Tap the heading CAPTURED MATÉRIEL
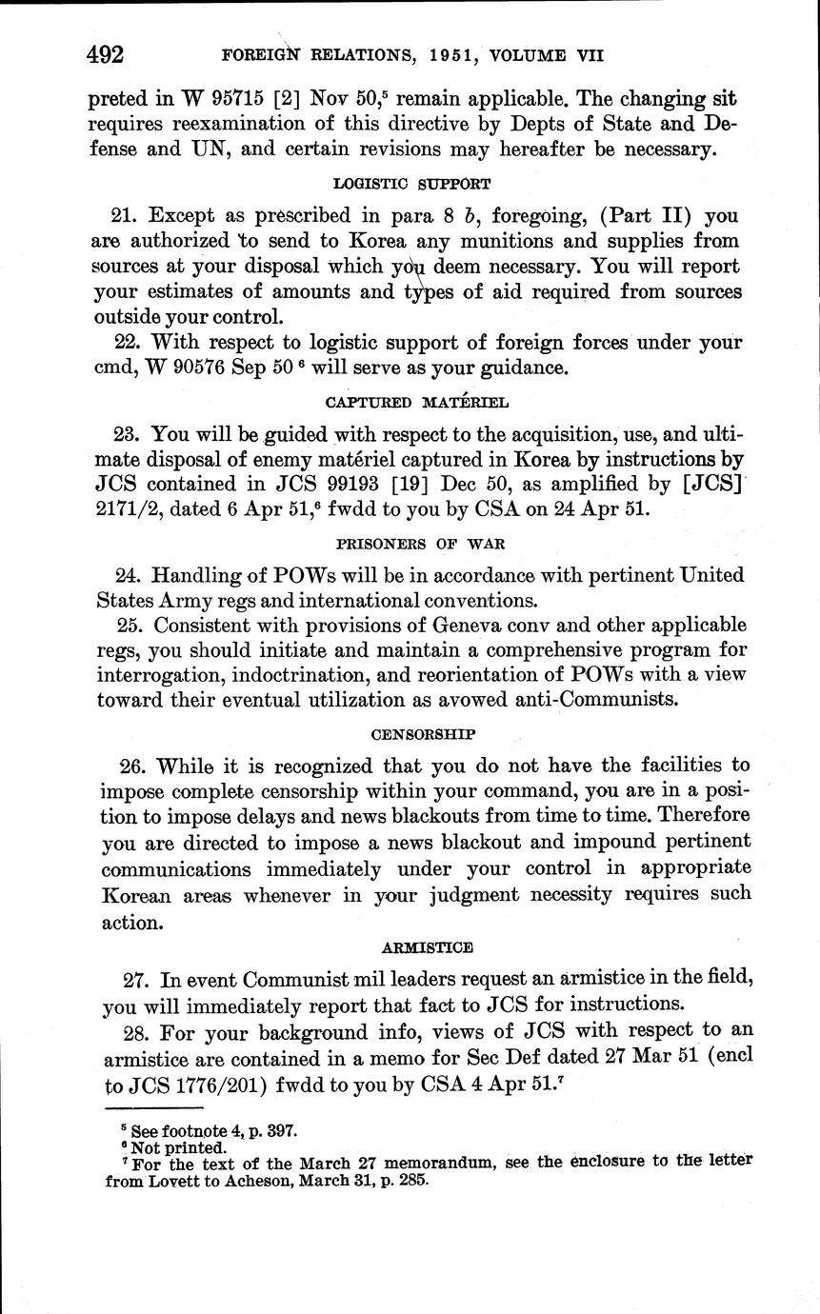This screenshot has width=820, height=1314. coord(410,401)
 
